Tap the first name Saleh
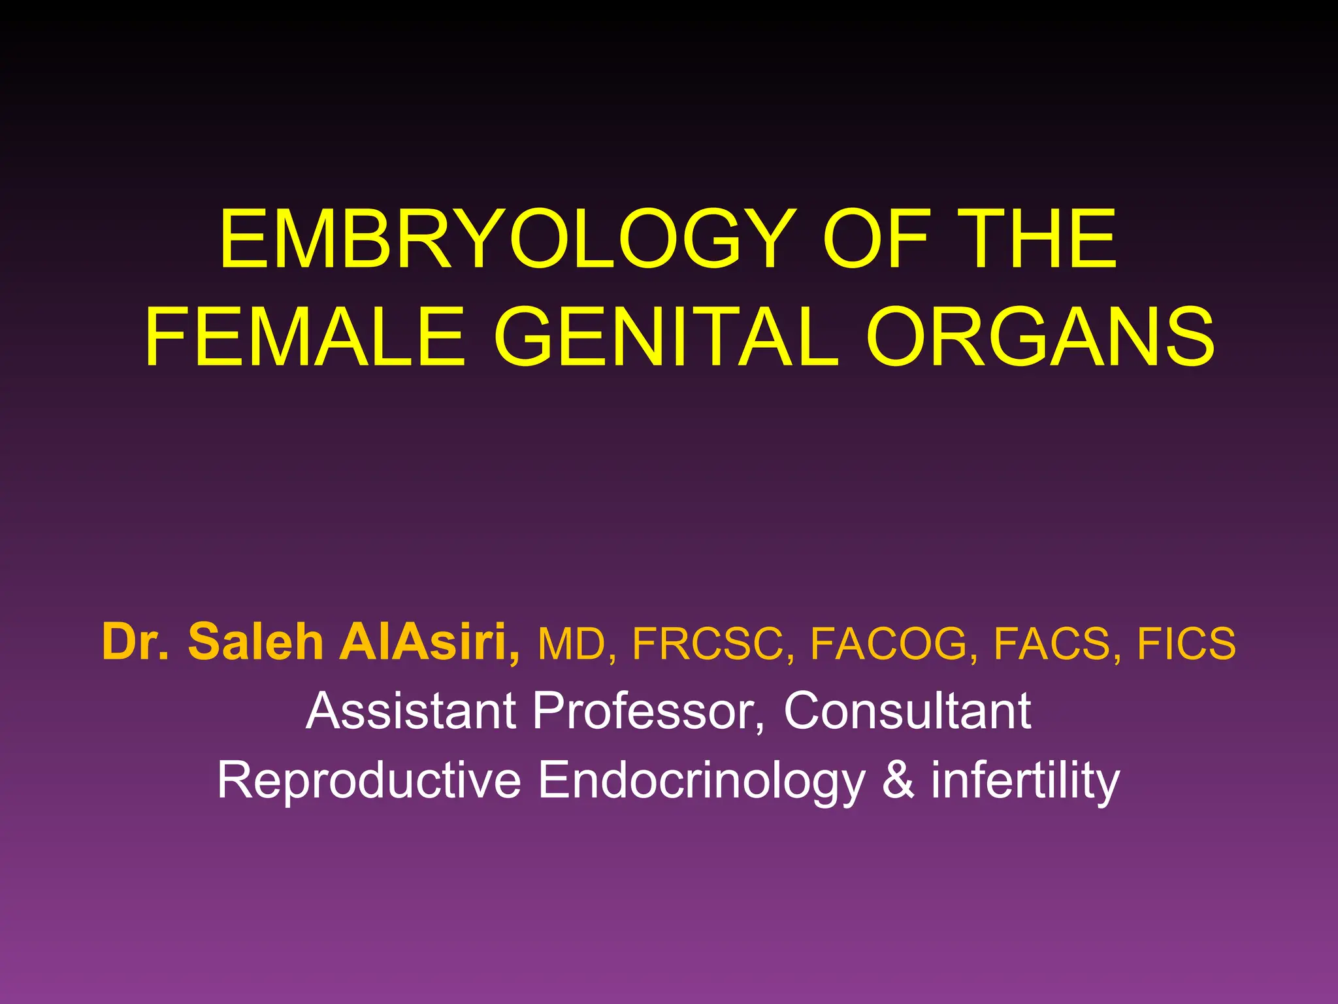pos(255,642)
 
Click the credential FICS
pos(1186,644)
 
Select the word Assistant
pos(411,711)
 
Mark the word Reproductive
pos(369,780)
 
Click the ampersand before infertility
pos(898,780)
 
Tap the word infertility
pos(1025,780)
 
